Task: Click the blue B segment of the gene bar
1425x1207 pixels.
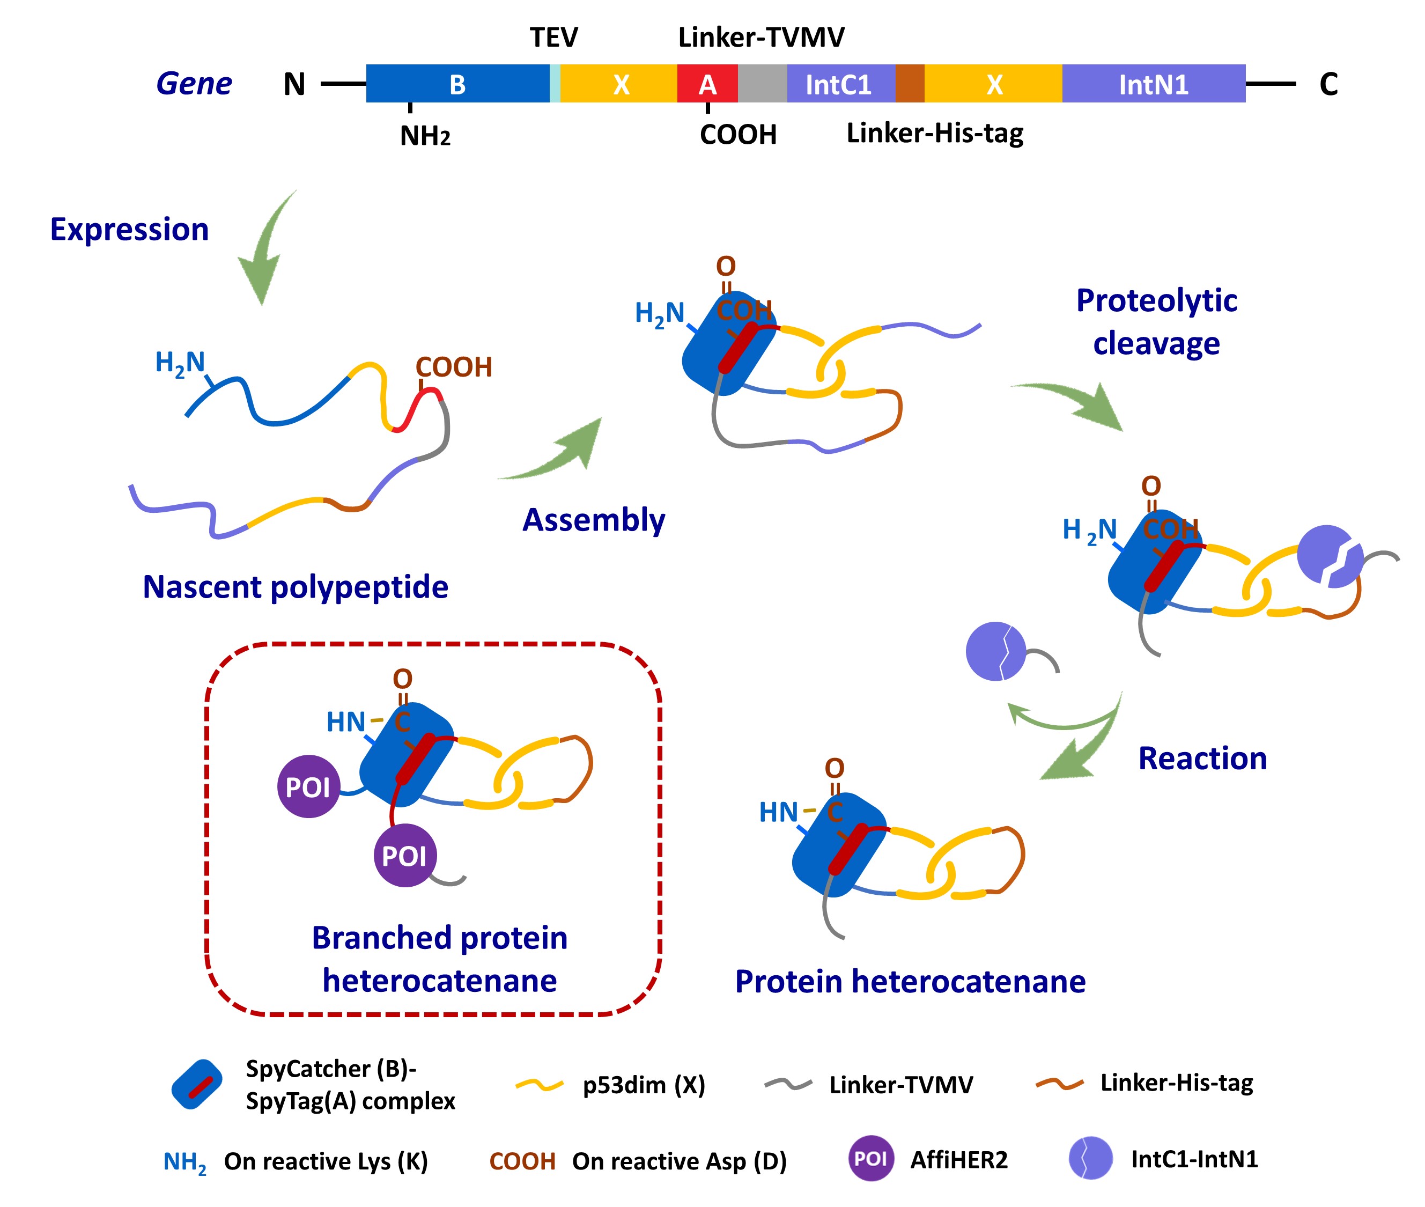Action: tap(457, 84)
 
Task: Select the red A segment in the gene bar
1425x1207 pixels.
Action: tap(707, 84)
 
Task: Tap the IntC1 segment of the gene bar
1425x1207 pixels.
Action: tap(840, 84)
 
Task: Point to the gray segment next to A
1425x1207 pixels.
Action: tap(762, 84)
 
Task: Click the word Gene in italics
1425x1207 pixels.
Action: tap(194, 84)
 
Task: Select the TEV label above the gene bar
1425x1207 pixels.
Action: tap(553, 37)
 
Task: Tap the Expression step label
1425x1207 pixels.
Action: tap(129, 229)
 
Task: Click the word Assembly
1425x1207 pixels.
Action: tap(593, 520)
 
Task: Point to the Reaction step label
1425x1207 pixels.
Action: tap(1202, 758)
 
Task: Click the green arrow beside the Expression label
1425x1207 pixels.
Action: tap(265, 251)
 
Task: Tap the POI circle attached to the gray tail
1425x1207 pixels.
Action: tap(404, 855)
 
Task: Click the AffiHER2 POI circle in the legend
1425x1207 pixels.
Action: tap(871, 1158)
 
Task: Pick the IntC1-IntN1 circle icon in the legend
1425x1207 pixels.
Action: tap(1090, 1158)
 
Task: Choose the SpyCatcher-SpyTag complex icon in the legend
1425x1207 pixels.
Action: tap(197, 1085)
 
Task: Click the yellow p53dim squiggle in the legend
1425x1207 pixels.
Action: tap(539, 1085)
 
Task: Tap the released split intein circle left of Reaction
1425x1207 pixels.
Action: tap(995, 651)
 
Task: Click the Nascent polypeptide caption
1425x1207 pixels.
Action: tap(295, 587)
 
